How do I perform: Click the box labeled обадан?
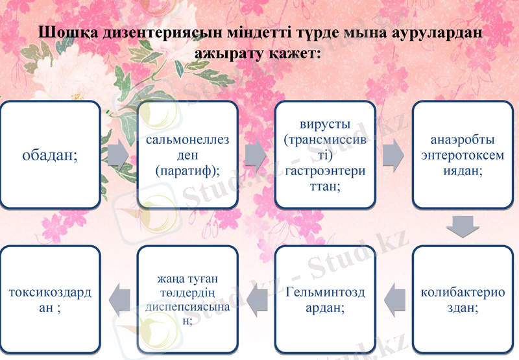coord(50,154)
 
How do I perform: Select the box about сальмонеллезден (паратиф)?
coord(187,154)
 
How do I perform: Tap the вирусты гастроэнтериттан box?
coord(325,154)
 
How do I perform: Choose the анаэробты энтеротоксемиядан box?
coord(463,154)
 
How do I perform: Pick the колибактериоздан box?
coord(463,298)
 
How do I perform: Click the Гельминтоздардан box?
coord(325,298)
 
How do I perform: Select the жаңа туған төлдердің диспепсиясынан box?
coord(187,298)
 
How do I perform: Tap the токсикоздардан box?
coord(50,298)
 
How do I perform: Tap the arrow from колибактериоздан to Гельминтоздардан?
coord(394,298)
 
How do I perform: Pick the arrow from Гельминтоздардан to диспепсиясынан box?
coord(256,298)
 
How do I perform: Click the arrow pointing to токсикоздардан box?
coord(118,298)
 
